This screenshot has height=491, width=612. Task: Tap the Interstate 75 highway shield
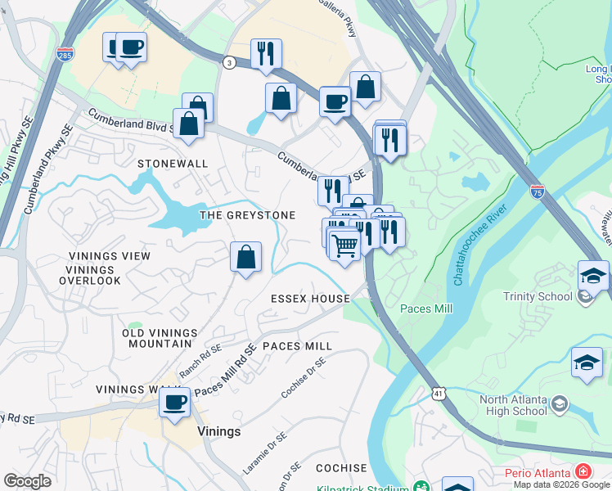click(x=537, y=191)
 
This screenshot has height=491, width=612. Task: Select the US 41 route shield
click(x=440, y=394)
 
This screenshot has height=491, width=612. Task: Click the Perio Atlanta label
click(x=549, y=471)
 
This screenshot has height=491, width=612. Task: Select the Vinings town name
click(x=218, y=431)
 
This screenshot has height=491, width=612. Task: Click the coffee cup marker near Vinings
click(x=174, y=403)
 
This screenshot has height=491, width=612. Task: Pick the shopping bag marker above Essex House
click(x=245, y=258)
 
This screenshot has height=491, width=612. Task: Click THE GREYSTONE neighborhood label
click(x=248, y=214)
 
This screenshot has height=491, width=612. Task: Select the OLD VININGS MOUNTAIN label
click(x=160, y=338)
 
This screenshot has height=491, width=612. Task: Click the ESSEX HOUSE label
click(x=310, y=299)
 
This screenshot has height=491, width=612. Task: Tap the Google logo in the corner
click(x=27, y=481)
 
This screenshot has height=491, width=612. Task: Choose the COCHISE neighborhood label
click(x=341, y=468)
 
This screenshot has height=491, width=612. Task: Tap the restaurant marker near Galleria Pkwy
click(x=266, y=54)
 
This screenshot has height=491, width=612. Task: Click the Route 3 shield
click(x=230, y=62)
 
